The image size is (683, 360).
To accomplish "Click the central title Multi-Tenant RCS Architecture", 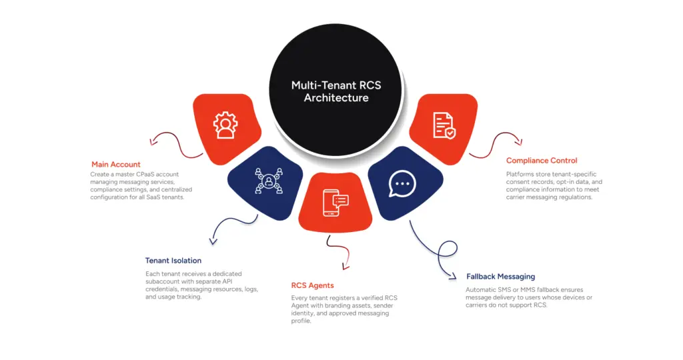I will coord(335,91).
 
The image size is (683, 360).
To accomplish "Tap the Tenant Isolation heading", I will coord(173,261).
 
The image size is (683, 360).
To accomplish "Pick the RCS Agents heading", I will coord(312,285).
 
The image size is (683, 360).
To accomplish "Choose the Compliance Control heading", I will coord(542,161).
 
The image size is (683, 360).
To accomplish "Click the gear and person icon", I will coord(224,125).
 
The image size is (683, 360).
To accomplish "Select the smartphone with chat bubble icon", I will coord(335,201).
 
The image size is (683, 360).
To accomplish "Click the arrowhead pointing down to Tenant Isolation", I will coord(212,241).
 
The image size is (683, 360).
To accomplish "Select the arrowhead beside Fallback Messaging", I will coord(453,275).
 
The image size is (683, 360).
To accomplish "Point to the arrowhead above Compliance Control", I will coord(519,141).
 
